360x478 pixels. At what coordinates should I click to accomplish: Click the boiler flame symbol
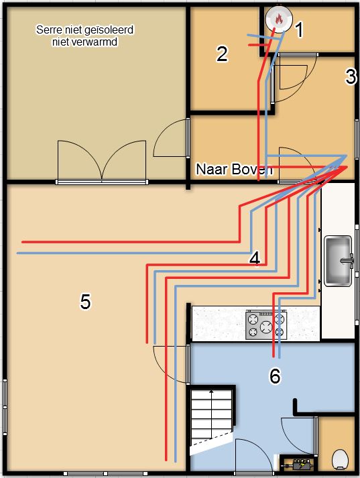pyautogui.click(x=278, y=20)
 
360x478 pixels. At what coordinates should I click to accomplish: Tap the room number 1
pyautogui.click(x=299, y=29)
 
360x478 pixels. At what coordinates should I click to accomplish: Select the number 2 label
pyautogui.click(x=222, y=54)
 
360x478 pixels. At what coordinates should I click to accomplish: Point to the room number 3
pyautogui.click(x=351, y=77)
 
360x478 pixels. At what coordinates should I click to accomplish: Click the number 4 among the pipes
pyautogui.click(x=255, y=258)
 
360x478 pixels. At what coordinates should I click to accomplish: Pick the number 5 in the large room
pyautogui.click(x=84, y=302)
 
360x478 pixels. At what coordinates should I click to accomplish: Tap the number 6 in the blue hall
pyautogui.click(x=274, y=377)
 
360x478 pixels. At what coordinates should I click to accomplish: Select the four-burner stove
pyautogui.click(x=266, y=324)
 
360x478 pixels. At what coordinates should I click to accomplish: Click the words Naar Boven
pyautogui.click(x=234, y=170)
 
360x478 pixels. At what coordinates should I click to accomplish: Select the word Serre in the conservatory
pyautogui.click(x=50, y=30)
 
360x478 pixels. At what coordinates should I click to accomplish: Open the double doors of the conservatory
pyautogui.click(x=101, y=161)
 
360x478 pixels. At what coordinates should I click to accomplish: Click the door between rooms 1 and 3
pyautogui.click(x=296, y=74)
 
